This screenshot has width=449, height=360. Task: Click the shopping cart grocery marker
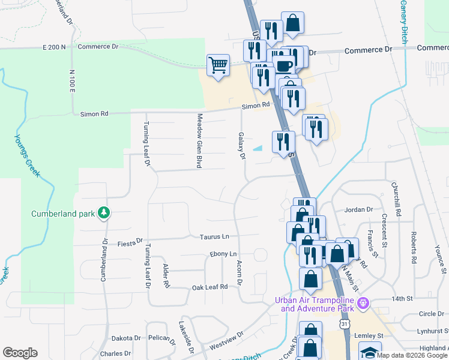click(x=218, y=65)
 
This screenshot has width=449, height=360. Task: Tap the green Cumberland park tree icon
click(x=104, y=213)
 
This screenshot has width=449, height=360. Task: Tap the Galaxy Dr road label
click(x=242, y=146)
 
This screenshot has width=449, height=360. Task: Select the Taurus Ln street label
click(x=215, y=237)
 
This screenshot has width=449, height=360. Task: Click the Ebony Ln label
click(x=223, y=254)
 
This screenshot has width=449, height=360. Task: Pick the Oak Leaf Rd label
click(x=209, y=287)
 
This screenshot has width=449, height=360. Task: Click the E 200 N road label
click(x=53, y=47)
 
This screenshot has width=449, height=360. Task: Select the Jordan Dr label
click(x=358, y=210)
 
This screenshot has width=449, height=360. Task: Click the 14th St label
click(x=400, y=298)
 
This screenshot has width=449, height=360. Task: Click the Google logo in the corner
click(x=20, y=353)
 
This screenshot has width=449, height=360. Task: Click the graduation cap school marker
click(x=370, y=352)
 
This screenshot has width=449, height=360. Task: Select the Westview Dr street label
click(x=227, y=343)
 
